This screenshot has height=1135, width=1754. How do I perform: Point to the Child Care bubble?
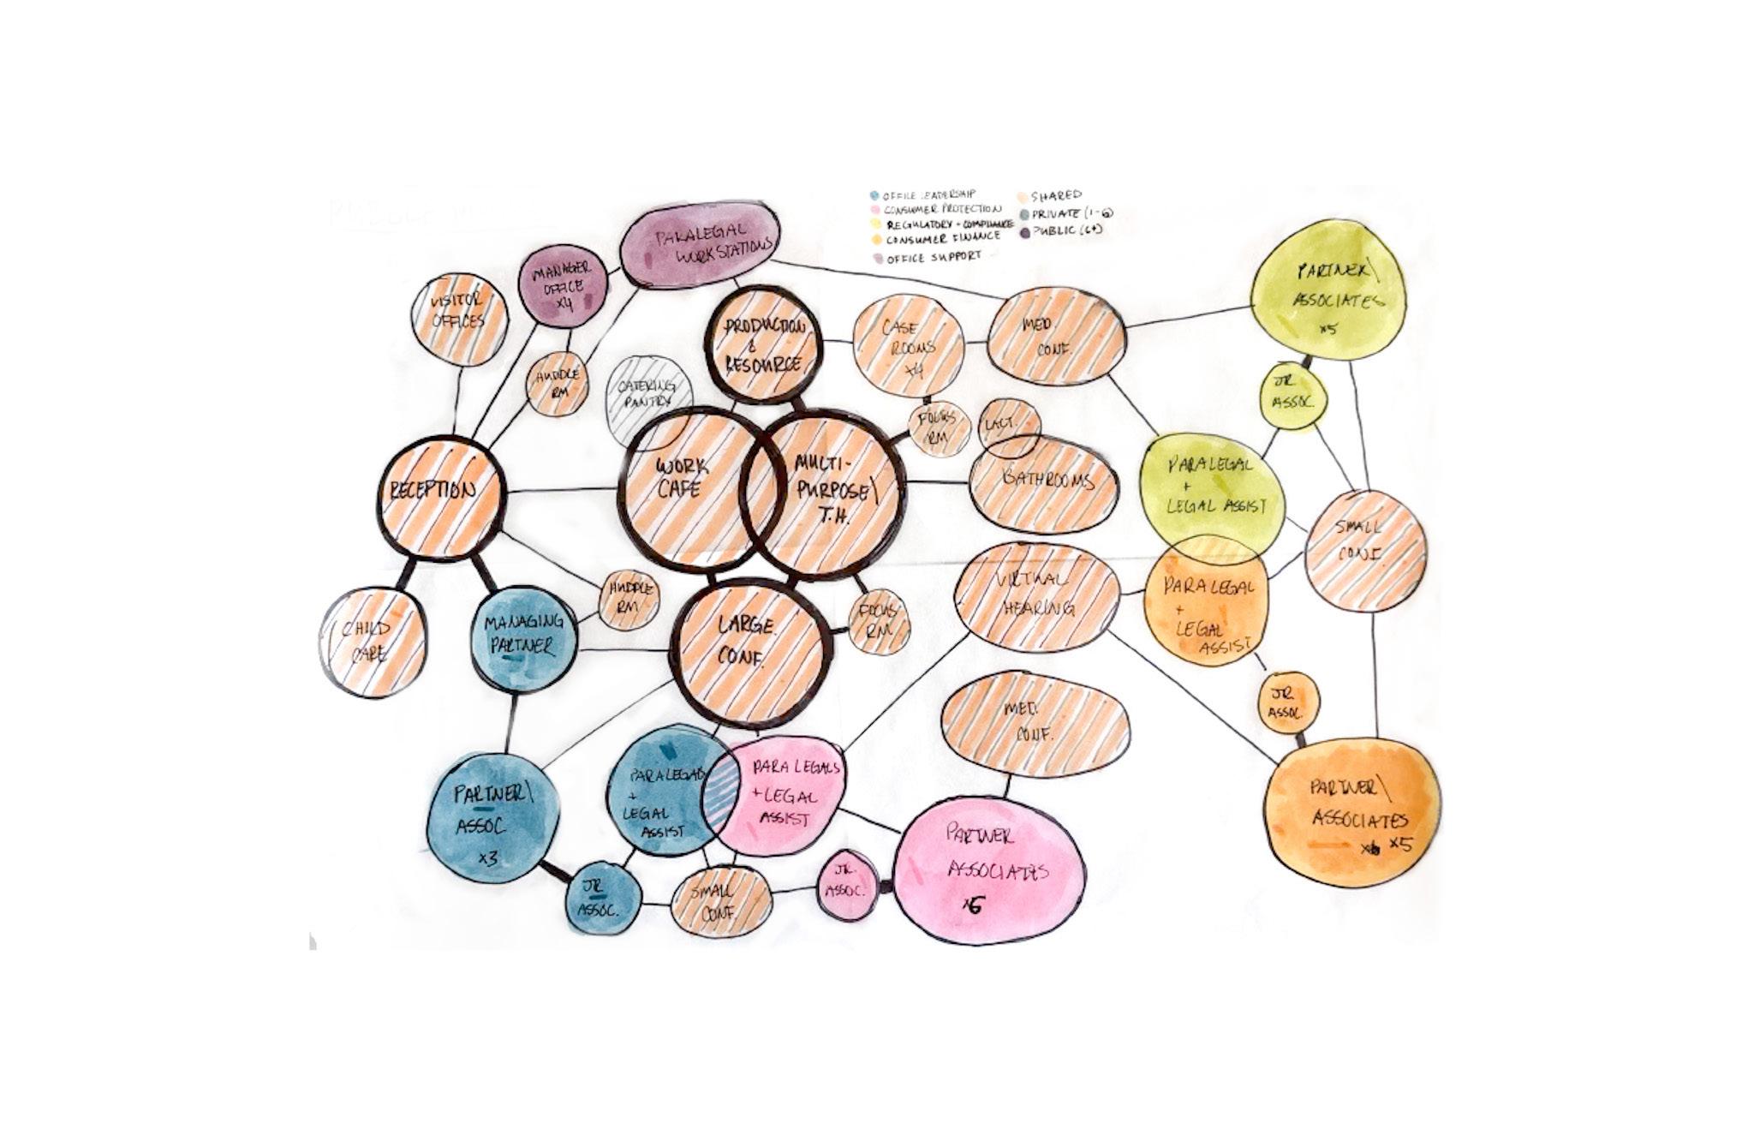click(x=373, y=642)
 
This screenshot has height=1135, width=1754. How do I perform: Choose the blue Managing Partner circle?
click(x=524, y=638)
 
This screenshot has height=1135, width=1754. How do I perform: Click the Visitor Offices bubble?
click(x=459, y=319)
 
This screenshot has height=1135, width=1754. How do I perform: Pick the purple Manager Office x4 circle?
click(x=564, y=287)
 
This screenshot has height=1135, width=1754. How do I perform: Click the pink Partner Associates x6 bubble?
click(x=989, y=869)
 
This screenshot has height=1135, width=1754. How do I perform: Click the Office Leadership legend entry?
click(x=922, y=195)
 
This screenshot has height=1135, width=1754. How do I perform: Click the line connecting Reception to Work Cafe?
click(x=561, y=491)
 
